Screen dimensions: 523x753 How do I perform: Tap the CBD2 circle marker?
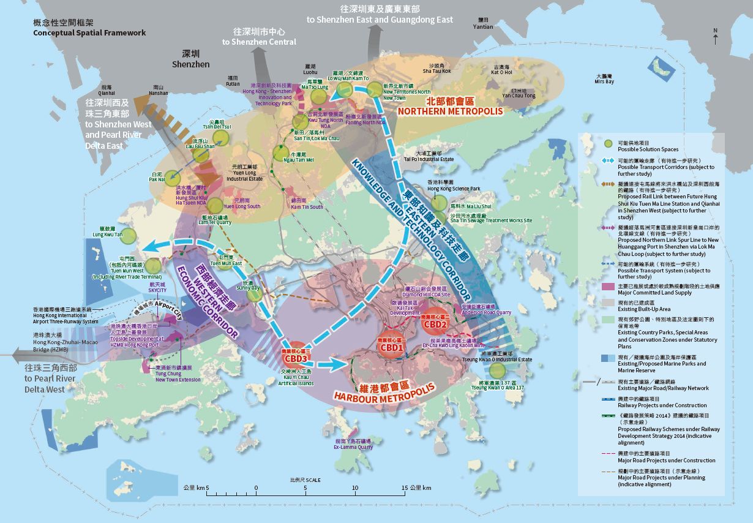pos(435,323)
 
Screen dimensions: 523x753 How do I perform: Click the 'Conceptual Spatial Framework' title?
pos(89,32)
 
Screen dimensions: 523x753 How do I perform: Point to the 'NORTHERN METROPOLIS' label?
pos(450,111)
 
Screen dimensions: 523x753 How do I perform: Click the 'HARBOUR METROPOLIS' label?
pos(384,391)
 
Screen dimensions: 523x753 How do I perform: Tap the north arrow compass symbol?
pos(715,37)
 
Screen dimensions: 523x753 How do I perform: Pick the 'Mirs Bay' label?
pos(604,81)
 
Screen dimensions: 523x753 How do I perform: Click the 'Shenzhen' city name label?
pos(190,64)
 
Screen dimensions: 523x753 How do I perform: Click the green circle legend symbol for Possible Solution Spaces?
pos(608,144)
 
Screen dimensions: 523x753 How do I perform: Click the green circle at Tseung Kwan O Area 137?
pos(498,371)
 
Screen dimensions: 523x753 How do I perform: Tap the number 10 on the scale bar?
pos(354,487)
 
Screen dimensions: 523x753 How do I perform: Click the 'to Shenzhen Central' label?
pos(259,42)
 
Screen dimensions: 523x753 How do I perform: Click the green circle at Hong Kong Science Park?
pos(439,203)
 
